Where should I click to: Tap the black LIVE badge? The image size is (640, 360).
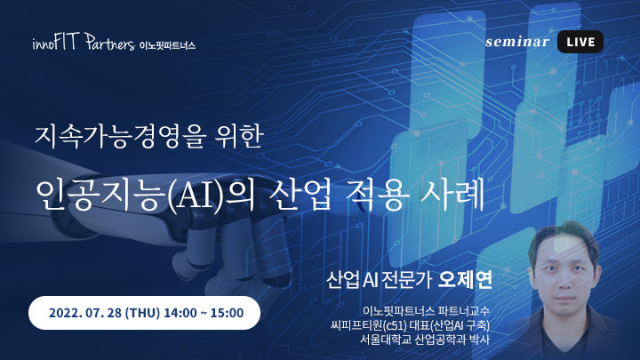579,41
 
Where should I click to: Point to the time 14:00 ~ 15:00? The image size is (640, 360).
208,313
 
